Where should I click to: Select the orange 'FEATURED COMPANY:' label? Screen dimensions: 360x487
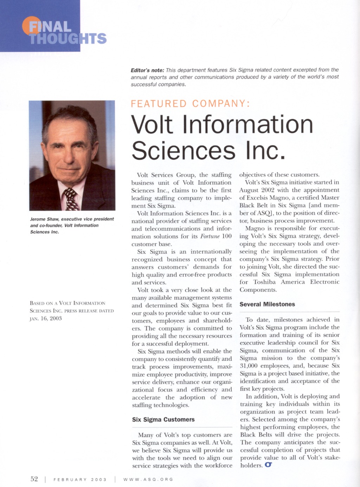point(190,104)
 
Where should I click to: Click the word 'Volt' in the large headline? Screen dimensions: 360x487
point(152,124)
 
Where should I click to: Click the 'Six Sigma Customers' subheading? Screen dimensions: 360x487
point(163,420)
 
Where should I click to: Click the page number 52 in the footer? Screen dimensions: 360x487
point(34,479)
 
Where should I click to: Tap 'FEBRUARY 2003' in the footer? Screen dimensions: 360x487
point(80,480)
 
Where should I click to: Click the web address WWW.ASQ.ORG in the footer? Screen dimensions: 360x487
point(148,480)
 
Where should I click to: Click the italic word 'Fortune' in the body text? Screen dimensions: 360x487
point(210,236)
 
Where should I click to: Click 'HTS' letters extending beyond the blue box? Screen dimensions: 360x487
point(94,38)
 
